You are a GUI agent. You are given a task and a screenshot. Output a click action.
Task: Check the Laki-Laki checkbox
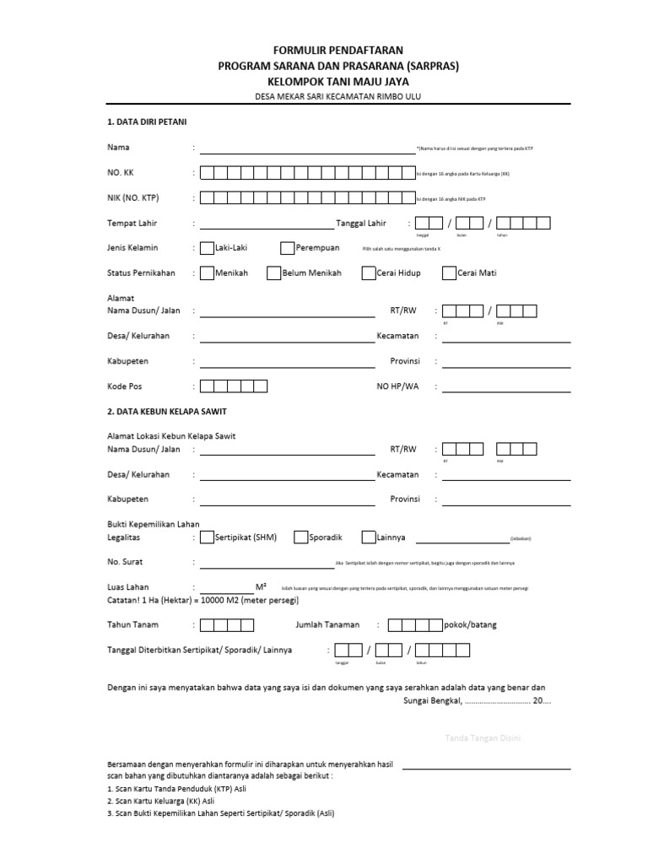[x=207, y=248]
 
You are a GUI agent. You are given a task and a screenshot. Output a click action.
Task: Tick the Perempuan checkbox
[x=288, y=248]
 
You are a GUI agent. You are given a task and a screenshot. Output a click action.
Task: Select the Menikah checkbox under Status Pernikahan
[x=207, y=273]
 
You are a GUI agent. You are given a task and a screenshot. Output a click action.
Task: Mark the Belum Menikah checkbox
[x=274, y=273]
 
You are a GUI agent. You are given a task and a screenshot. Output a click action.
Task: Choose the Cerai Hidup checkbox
[x=369, y=273]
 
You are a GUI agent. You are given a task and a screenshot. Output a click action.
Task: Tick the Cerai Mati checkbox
[x=449, y=273]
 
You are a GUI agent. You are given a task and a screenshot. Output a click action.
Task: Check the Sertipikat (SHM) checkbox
[x=207, y=537]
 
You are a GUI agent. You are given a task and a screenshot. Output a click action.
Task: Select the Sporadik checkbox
[x=301, y=537]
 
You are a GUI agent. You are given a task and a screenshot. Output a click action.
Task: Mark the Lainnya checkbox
[x=369, y=537]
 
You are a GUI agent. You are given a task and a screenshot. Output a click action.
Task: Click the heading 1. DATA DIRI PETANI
[x=148, y=122]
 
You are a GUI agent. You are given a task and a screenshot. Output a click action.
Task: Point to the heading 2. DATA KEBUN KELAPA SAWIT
[x=166, y=411]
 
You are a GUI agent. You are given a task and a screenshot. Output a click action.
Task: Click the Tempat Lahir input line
[x=267, y=227]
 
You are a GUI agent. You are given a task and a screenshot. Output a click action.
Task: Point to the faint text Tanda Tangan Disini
[x=483, y=739]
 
